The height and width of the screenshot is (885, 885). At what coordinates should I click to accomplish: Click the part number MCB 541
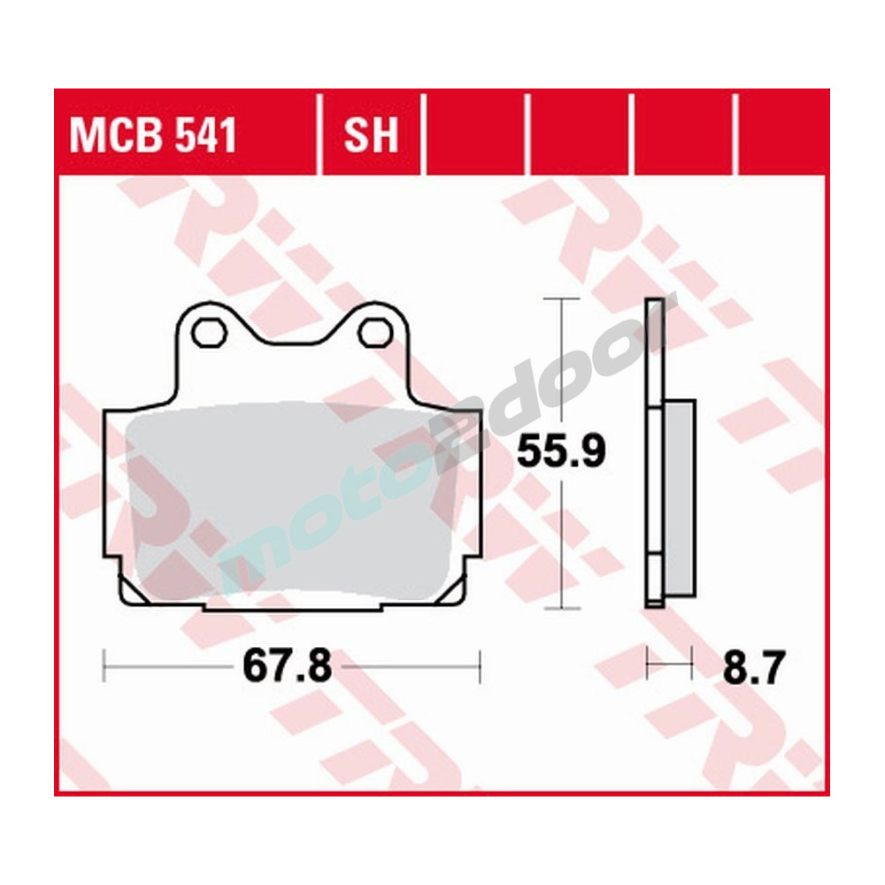[153, 137]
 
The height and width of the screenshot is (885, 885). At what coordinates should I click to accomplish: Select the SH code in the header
[371, 137]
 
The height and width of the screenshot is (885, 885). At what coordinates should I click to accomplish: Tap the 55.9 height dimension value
[561, 453]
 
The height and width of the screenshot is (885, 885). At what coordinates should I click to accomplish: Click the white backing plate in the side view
[654, 451]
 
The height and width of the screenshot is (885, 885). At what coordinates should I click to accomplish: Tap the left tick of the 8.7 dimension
[649, 664]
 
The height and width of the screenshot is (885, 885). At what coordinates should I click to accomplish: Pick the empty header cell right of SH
[476, 137]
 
